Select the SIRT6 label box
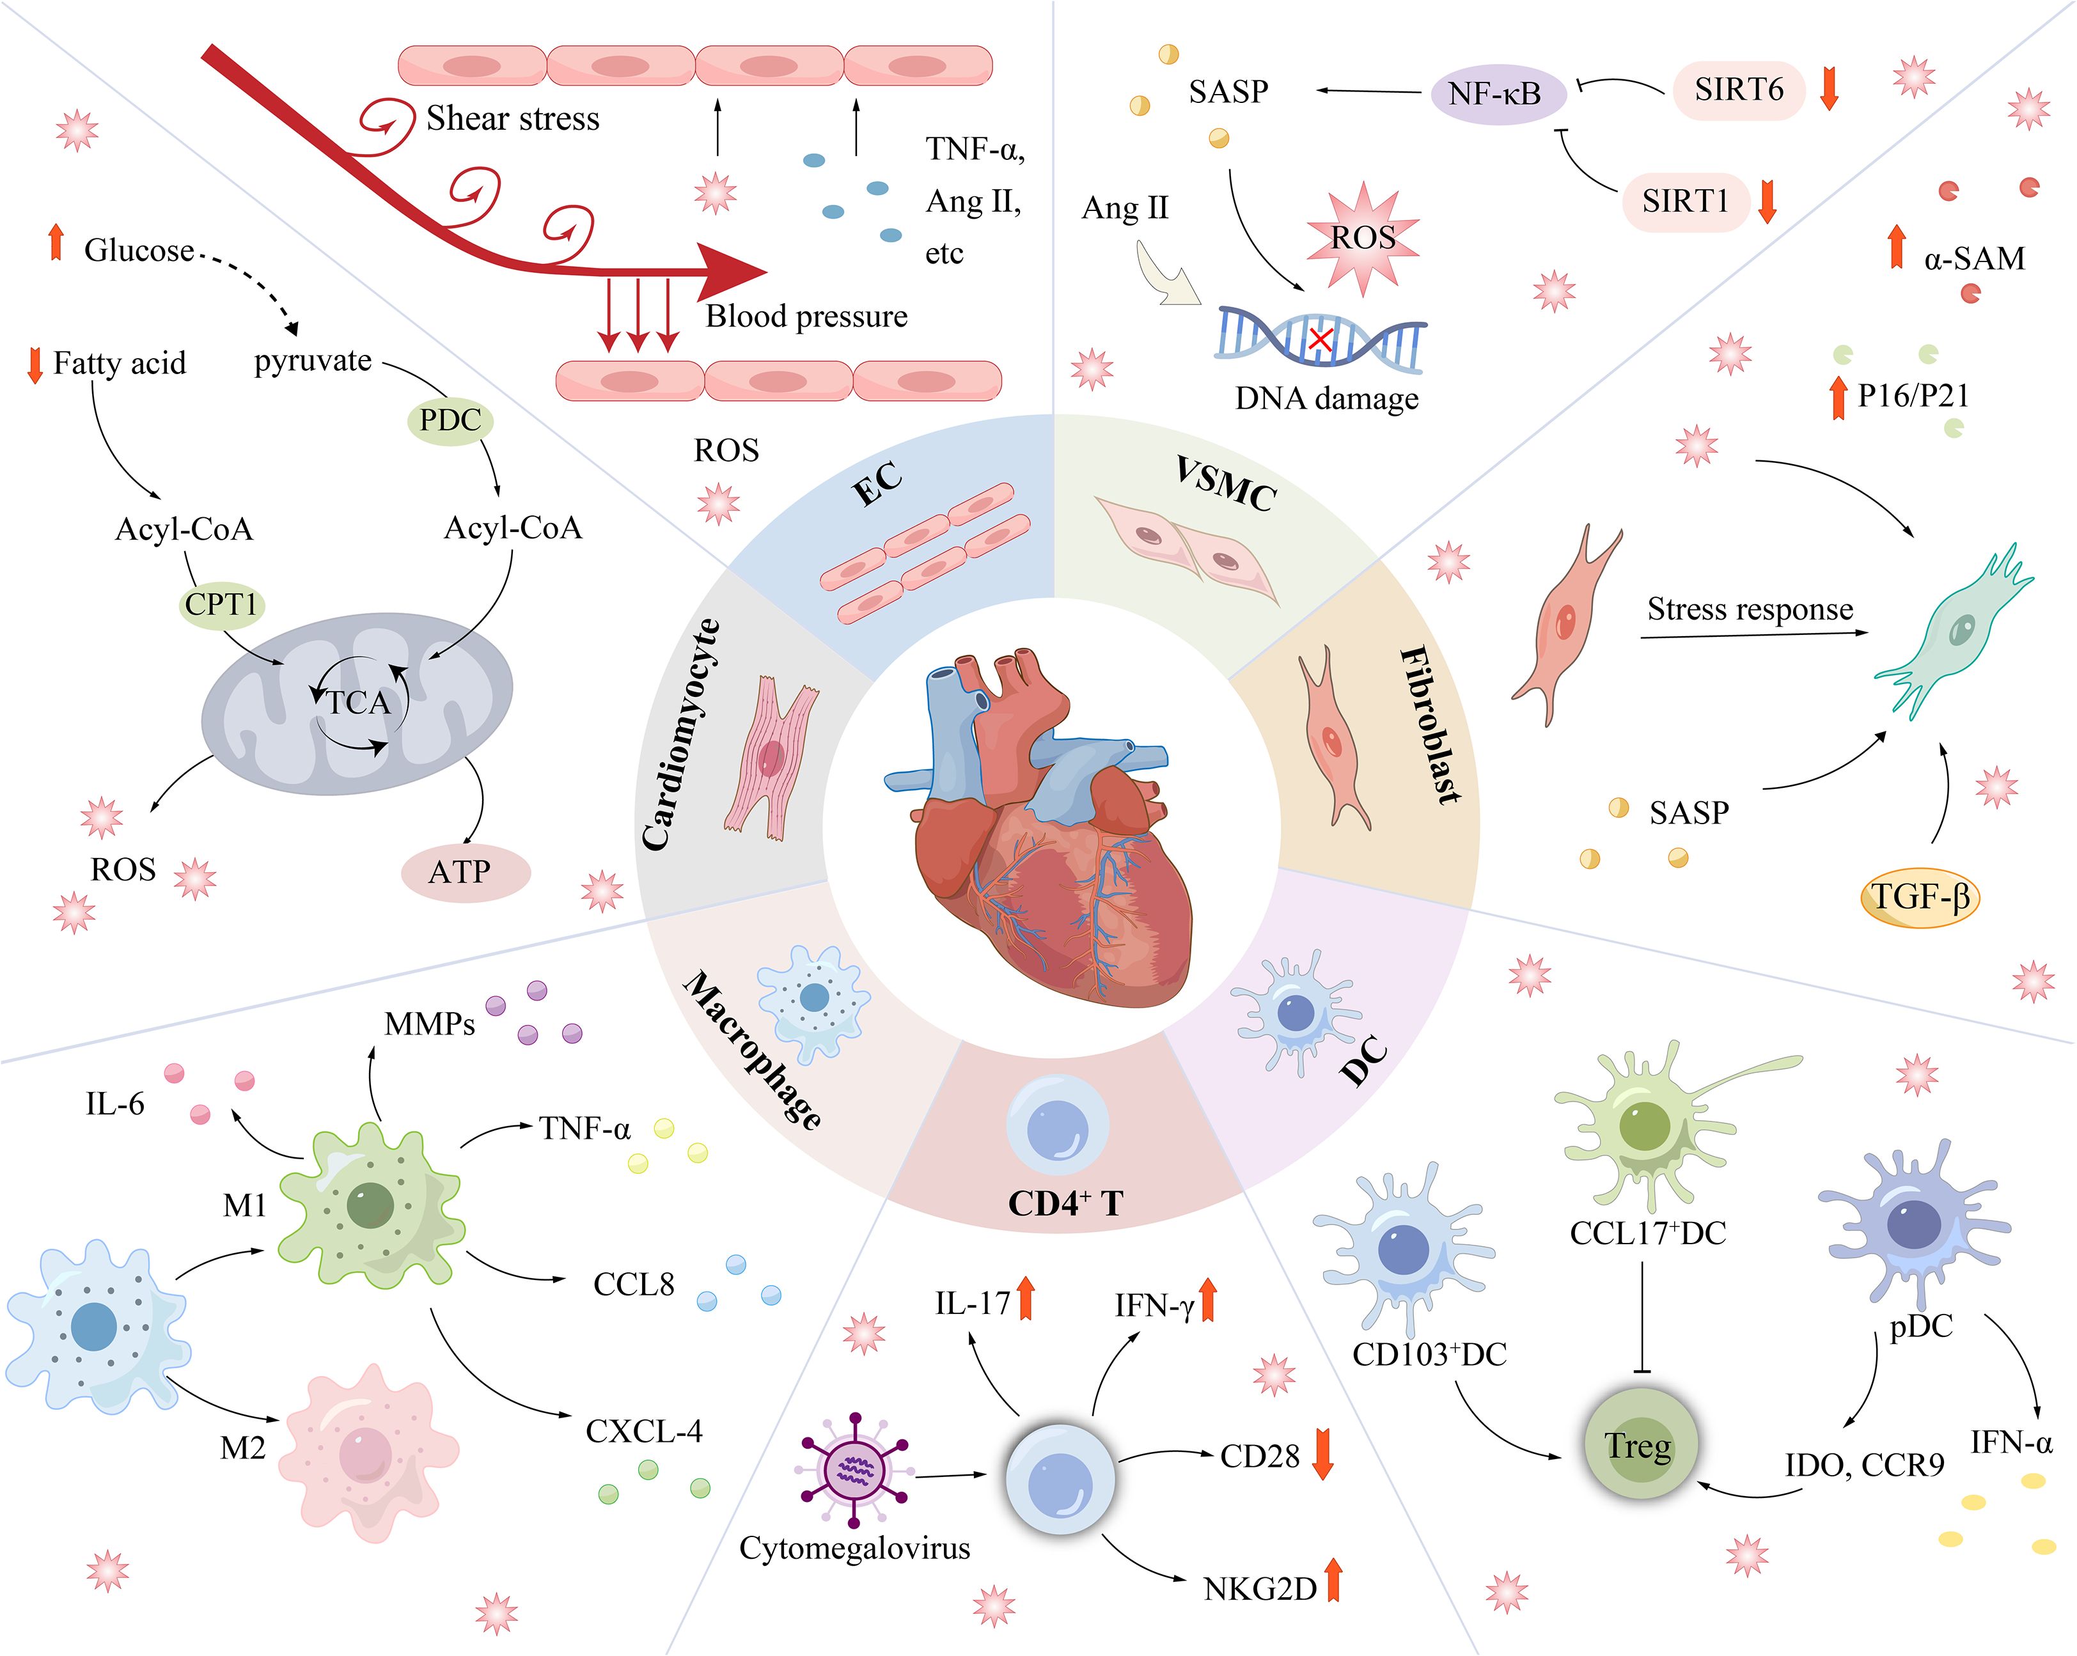coord(1739,90)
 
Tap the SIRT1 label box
coord(1685,201)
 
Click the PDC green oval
coord(450,420)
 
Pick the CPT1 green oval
coord(221,605)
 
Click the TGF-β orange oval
coord(1919,898)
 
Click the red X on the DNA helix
coord(1320,339)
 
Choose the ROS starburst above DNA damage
coord(1362,237)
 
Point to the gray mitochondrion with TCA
coord(356,703)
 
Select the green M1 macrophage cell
coord(371,1204)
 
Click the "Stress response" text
coord(1750,610)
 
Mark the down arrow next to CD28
coord(1322,1455)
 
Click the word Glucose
coord(139,251)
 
